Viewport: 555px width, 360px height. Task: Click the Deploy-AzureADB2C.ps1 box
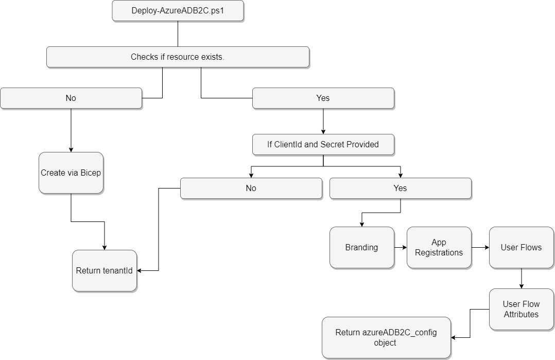(178, 11)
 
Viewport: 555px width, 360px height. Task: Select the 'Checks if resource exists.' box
(178, 57)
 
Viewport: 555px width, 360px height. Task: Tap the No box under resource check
(71, 98)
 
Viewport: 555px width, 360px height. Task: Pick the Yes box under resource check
(323, 98)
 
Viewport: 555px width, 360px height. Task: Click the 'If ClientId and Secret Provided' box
(323, 144)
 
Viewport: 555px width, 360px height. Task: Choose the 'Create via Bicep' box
(71, 173)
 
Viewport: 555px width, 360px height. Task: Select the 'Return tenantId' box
(105, 270)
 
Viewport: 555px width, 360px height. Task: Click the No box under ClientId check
(251, 188)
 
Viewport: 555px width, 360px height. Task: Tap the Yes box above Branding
(400, 188)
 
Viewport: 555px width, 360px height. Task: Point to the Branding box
(361, 247)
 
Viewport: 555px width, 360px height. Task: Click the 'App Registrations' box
(439, 247)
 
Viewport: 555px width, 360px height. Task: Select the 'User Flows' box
(521, 247)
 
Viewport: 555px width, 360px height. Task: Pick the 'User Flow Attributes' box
(521, 309)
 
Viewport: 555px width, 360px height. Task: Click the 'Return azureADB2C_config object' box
(386, 338)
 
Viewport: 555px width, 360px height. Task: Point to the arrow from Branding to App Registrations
(401, 248)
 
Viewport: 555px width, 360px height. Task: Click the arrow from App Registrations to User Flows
(480, 248)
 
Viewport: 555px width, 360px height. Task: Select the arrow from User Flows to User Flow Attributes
(522, 278)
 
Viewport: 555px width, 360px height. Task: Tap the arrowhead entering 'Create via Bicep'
(71, 149)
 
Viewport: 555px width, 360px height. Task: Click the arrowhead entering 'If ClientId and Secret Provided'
(323, 131)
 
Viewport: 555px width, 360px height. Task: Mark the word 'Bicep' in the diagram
(91, 173)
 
